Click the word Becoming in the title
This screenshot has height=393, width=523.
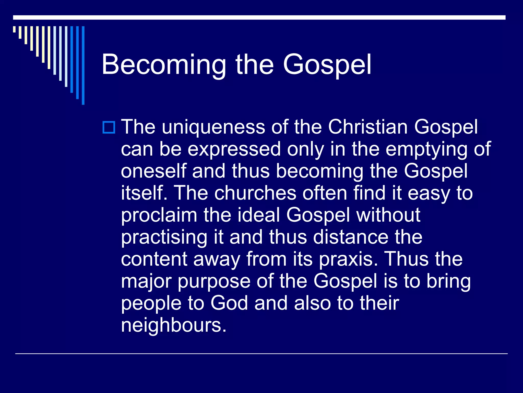point(164,65)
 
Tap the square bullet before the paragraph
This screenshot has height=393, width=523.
point(109,127)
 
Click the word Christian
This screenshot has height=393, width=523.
point(368,127)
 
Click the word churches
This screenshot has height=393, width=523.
point(255,193)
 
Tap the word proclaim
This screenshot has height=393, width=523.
point(159,215)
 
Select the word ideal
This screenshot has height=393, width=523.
point(259,215)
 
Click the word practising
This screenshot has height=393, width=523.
point(164,237)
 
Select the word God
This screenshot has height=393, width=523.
point(229,303)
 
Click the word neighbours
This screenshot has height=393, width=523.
point(174,325)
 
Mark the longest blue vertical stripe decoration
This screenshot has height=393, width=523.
point(83,65)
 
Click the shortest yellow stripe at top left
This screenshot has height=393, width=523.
point(15,29)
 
